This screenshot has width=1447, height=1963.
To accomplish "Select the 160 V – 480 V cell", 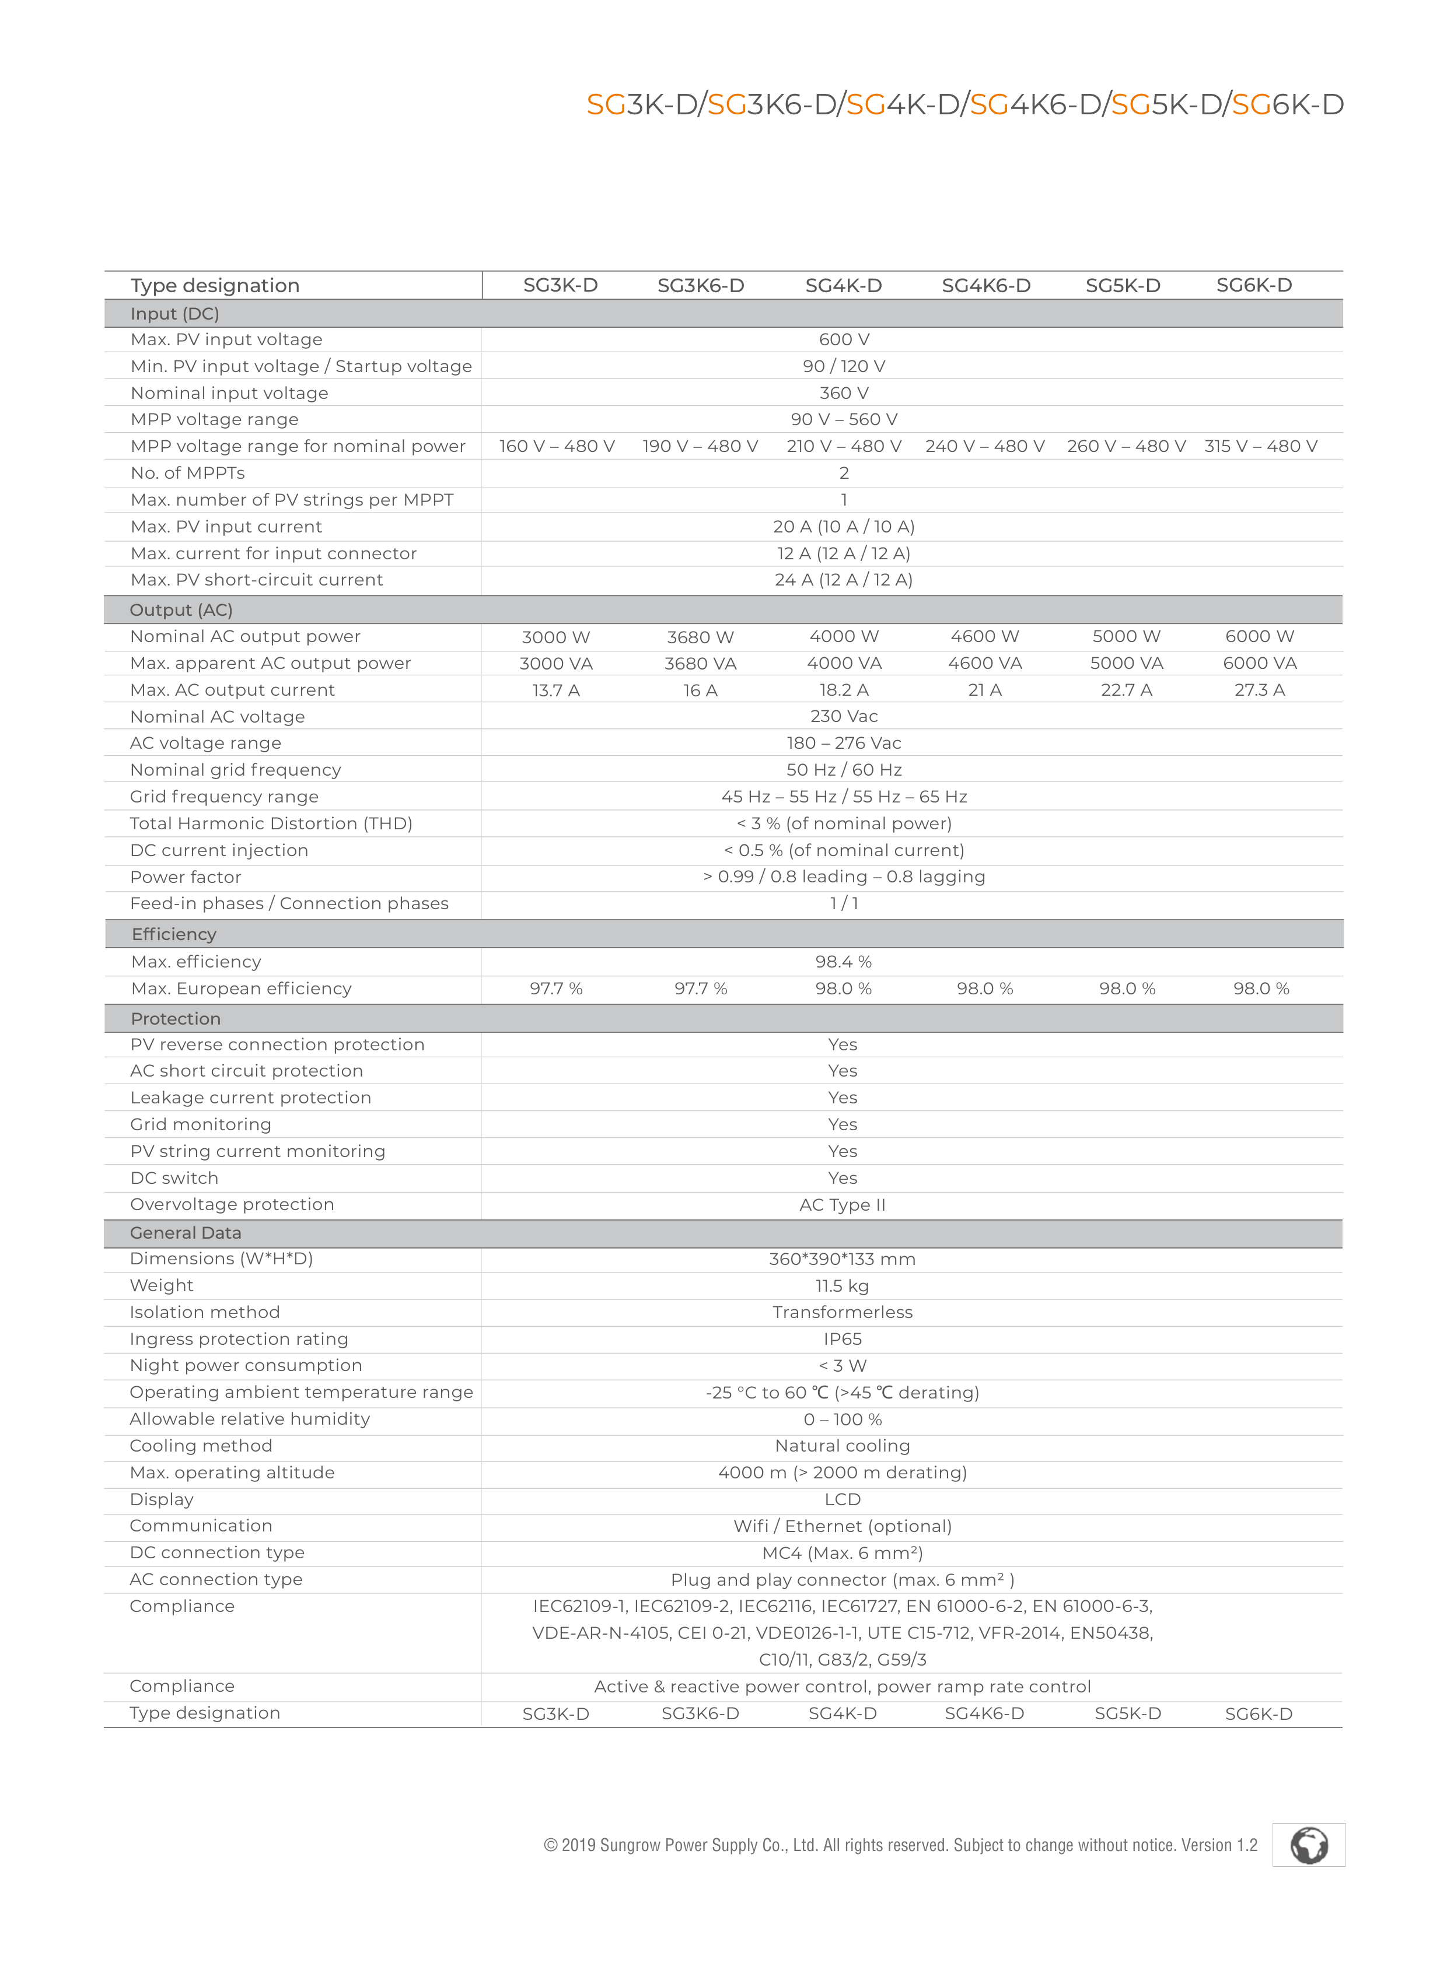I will [557, 447].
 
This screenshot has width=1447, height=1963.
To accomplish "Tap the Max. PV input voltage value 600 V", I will [844, 340].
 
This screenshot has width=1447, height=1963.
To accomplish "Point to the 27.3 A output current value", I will [1260, 690].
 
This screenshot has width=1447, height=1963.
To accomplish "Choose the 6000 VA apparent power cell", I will [1260, 664].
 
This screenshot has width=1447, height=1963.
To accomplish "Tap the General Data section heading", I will [185, 1233].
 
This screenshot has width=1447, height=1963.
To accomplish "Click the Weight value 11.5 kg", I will [842, 1286].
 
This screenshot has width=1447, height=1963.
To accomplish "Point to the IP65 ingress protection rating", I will [842, 1340].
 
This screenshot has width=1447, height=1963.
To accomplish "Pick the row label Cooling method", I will [201, 1446].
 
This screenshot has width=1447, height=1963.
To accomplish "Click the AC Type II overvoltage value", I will [842, 1205].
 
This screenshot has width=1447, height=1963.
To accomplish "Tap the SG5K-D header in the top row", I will [1123, 285].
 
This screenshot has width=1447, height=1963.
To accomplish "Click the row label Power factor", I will [185, 877].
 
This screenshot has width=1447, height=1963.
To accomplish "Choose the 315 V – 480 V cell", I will [1260, 447].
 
